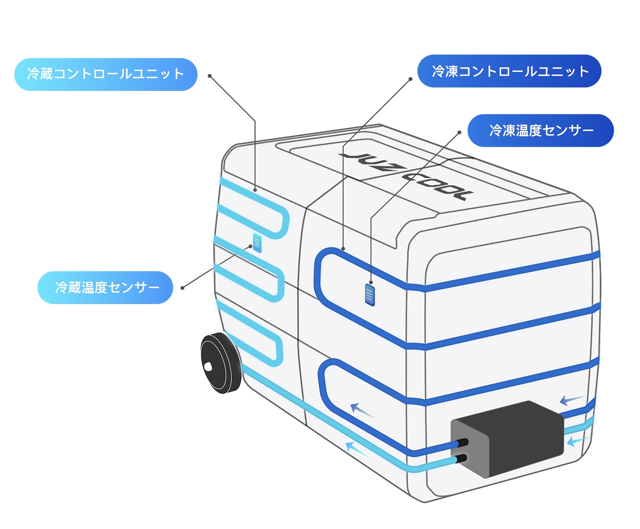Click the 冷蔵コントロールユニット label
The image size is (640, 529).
106,74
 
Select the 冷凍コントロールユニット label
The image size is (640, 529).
509,71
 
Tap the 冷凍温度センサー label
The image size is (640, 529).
541,130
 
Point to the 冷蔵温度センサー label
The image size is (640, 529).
106,288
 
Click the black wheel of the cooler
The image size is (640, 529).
220,363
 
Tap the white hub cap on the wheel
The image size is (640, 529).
209,366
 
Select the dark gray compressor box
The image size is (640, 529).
508,440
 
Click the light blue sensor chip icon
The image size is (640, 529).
257,243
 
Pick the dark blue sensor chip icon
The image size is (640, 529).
370,295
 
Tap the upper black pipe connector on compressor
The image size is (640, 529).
462,443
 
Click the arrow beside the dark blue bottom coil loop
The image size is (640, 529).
362,410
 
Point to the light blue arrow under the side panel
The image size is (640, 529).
357,449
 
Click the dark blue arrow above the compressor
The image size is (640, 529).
572,399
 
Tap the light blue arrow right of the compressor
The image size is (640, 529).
577,441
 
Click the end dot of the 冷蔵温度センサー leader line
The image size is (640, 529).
182,288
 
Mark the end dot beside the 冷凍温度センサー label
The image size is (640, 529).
460,132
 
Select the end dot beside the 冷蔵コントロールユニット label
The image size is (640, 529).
209,76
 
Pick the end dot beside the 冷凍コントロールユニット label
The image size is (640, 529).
410,79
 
